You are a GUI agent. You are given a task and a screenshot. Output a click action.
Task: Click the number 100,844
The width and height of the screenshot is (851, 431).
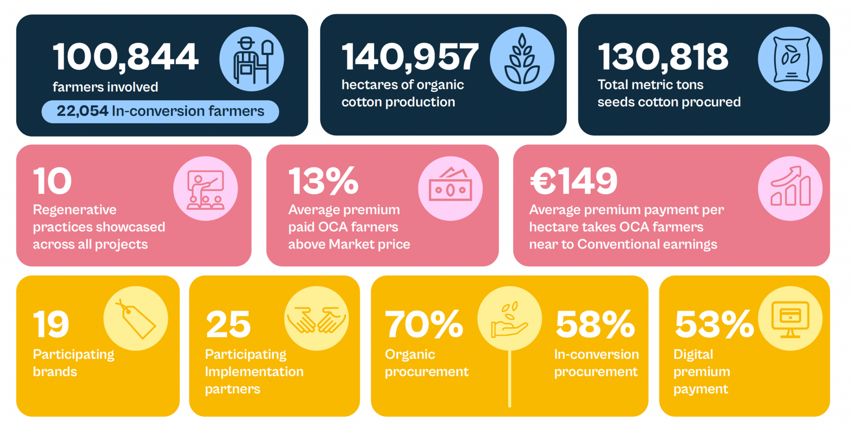(125, 57)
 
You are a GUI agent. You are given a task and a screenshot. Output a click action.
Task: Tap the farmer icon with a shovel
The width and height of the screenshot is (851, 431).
(251, 59)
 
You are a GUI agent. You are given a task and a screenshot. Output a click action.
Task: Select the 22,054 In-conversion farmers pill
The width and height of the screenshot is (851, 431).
(160, 111)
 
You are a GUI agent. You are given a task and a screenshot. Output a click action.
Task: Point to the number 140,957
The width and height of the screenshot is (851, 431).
(410, 57)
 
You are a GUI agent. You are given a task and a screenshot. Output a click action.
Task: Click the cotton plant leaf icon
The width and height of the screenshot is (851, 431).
(522, 59)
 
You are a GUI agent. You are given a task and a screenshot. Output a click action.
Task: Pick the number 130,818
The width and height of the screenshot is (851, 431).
(663, 57)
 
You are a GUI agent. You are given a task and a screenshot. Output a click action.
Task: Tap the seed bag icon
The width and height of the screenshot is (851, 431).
(790, 59)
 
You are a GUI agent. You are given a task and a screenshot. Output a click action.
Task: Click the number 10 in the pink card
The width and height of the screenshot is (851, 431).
(52, 181)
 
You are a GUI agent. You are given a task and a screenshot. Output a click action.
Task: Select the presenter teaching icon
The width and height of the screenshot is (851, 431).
(205, 189)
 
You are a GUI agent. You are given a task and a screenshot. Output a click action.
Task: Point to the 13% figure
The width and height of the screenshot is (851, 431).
(323, 181)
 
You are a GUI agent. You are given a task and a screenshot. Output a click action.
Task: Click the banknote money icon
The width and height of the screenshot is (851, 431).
(450, 189)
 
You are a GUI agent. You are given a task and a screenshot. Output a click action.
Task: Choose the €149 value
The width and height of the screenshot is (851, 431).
(573, 181)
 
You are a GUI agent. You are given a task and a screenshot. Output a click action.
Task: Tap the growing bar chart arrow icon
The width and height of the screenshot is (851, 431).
(790, 189)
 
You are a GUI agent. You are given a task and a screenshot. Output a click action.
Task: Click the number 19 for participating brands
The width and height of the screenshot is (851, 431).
(51, 325)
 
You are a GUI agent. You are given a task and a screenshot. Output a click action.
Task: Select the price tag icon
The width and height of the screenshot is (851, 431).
(136, 319)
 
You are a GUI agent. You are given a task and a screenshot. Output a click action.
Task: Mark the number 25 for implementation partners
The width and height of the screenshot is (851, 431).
(228, 325)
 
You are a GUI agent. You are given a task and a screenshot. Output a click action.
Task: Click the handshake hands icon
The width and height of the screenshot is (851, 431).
(317, 319)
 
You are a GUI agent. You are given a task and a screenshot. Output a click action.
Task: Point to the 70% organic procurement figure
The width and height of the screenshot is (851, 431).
(424, 325)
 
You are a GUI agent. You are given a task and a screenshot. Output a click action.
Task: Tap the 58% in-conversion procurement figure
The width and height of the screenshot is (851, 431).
(595, 325)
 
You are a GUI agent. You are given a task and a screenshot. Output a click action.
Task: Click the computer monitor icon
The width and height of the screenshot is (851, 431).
(790, 319)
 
